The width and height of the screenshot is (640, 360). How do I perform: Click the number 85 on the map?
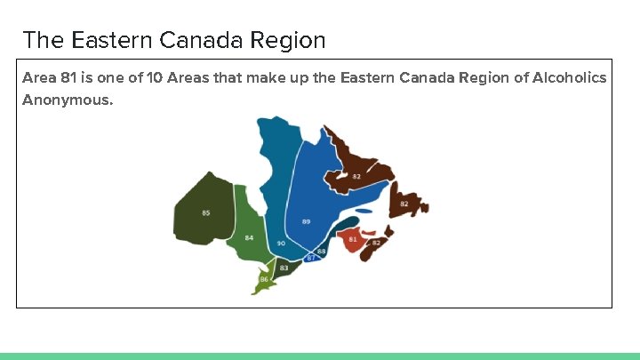click(206, 213)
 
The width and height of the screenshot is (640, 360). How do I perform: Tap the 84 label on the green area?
click(250, 238)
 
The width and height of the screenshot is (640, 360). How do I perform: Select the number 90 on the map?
click(281, 244)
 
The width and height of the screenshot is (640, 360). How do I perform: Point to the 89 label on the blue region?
click(307, 221)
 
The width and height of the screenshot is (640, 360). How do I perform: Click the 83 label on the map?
click(284, 268)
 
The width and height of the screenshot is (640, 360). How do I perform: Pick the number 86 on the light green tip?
click(264, 279)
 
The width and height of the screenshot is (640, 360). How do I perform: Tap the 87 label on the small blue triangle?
click(310, 258)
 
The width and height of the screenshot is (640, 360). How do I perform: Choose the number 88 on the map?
click(322, 252)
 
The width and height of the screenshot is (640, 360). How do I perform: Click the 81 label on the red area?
click(353, 239)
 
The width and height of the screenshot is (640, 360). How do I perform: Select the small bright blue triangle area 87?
click(311, 256)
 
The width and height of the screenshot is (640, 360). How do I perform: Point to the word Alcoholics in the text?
click(571, 78)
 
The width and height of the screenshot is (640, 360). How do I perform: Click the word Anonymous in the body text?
click(68, 100)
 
